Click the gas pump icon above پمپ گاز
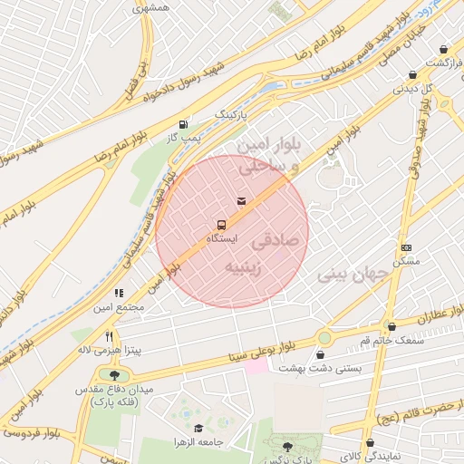coord(185,123)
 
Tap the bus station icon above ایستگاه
coord(221,224)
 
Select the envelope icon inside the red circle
coord(241,200)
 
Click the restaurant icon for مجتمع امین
coord(119,293)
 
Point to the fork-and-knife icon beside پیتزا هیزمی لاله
coord(109,335)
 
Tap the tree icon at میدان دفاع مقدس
coord(113,375)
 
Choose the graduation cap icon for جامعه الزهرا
coord(198,428)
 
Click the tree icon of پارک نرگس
coord(288,446)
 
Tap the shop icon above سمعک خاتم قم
coord(391,326)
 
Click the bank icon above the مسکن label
coord(406,247)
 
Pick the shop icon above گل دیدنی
coord(413,75)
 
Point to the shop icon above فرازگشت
coord(443,49)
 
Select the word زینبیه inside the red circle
coord(246,267)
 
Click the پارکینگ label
coord(230,116)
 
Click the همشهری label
coord(150,8)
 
